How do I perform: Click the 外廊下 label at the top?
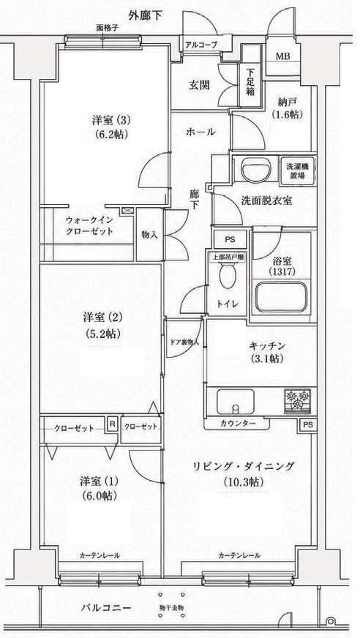[x=145, y=16]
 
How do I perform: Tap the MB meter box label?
[x=282, y=56]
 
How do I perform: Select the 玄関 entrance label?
[x=199, y=85]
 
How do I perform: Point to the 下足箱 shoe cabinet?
[x=250, y=84]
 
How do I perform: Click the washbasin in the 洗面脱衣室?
[x=256, y=168]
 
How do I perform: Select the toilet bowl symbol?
[x=227, y=275]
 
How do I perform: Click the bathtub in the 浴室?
[x=280, y=297]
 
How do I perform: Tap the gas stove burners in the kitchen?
[x=298, y=401]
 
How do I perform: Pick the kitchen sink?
[x=235, y=402]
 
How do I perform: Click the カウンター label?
[x=238, y=424]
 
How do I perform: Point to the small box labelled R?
[x=112, y=424]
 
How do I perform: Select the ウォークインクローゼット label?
[x=89, y=226]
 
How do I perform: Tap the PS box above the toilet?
[x=230, y=240]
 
